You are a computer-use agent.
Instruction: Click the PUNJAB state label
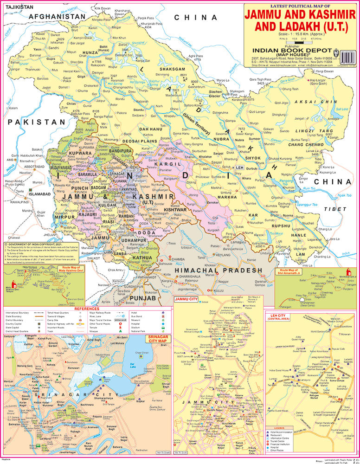(142, 297)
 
